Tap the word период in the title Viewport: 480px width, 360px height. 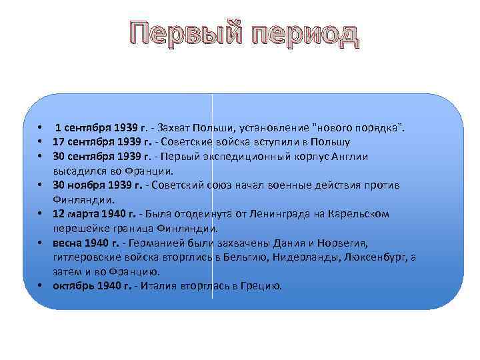tap(299, 35)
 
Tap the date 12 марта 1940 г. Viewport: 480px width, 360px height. tap(93, 213)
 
